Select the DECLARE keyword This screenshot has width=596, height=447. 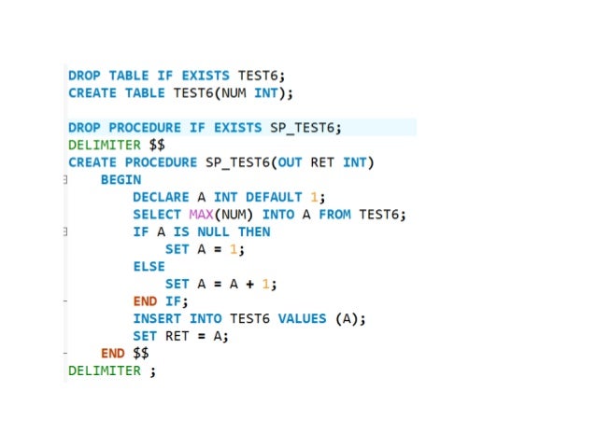click(x=164, y=198)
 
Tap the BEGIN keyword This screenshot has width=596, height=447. click(x=121, y=180)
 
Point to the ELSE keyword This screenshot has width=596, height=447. click(x=149, y=267)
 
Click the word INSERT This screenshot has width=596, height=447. click(x=157, y=319)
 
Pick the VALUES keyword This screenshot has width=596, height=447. click(x=302, y=319)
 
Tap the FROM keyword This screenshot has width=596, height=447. click(x=334, y=215)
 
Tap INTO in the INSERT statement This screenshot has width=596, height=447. click(x=206, y=319)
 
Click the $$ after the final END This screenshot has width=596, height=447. click(x=140, y=354)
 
